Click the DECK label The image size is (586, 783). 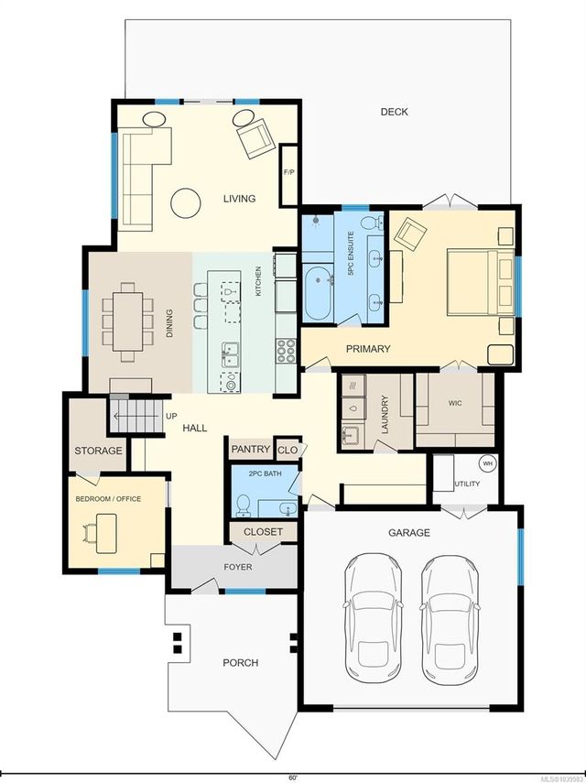pos(394,112)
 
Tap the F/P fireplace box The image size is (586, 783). pos(289,174)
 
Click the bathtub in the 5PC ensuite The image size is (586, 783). pos(318,293)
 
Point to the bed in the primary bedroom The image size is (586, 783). pos(481,282)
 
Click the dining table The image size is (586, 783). pos(127,321)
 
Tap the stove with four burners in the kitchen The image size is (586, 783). pos(286,350)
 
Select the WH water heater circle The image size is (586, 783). pos(488,463)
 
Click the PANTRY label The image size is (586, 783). pos(250,450)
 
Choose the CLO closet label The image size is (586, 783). pos(287,450)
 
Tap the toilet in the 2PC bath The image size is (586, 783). pos(244,505)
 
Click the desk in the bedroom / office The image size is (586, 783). pos(106,533)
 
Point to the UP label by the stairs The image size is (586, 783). pos(171,416)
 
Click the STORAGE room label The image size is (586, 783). pos(98,451)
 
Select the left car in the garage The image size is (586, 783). pos(373,619)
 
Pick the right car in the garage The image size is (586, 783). pos(450,620)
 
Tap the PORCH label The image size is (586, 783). pos(241,663)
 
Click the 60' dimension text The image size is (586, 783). pos(292,778)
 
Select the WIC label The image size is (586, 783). pos(455,403)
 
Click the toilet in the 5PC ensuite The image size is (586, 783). pos(373,223)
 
